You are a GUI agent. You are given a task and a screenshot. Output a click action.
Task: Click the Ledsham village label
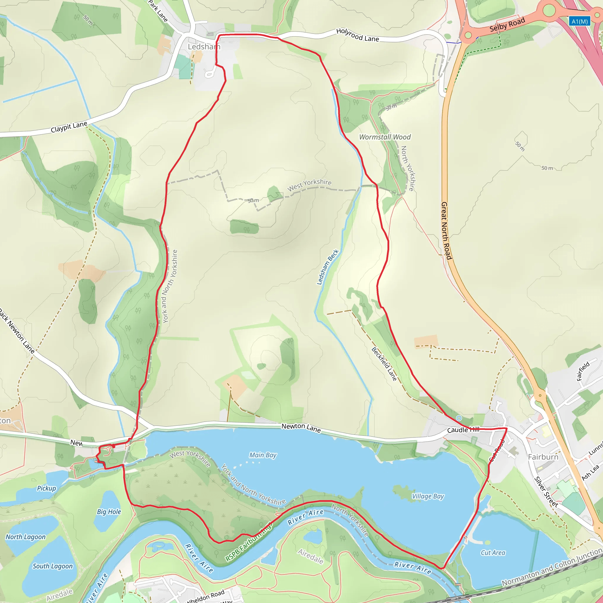pyautogui.click(x=204, y=47)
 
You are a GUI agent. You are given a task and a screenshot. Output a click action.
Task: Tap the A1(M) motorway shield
pyautogui.click(x=579, y=21)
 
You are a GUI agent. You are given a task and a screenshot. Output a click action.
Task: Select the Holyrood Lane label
pyautogui.click(x=357, y=35)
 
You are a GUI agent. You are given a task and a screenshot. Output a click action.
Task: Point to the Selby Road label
pyautogui.click(x=507, y=25)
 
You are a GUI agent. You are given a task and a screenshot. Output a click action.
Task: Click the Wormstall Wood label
pyautogui.click(x=385, y=137)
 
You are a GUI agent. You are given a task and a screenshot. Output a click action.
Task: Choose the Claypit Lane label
pyautogui.click(x=69, y=127)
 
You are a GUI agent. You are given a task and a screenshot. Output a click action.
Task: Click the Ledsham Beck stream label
pyautogui.click(x=327, y=267)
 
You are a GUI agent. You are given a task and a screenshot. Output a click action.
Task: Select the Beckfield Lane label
pyautogui.click(x=384, y=364)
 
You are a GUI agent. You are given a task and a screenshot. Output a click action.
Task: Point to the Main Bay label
pyautogui.click(x=263, y=455)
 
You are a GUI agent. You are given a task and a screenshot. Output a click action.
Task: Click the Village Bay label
pyautogui.click(x=428, y=496)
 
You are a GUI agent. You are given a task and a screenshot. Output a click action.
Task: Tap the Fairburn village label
pyautogui.click(x=543, y=457)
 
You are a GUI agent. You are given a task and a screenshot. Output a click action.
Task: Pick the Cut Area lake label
pyautogui.click(x=493, y=553)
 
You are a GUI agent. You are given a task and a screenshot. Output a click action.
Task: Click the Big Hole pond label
pyautogui.click(x=109, y=511)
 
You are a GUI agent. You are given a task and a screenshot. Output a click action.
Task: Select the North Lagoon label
pyautogui.click(x=26, y=537)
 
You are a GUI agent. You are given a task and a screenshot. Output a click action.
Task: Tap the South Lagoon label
pyautogui.click(x=52, y=566)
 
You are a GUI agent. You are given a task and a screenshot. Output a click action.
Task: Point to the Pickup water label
pyautogui.click(x=47, y=488)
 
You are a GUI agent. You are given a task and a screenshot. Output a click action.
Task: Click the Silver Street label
pyautogui.click(x=546, y=492)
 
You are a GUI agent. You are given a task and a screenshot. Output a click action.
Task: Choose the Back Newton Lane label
pyautogui.click(x=17, y=331)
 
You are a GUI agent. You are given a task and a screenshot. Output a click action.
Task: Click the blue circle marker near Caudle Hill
pyautogui.click(x=459, y=418)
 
